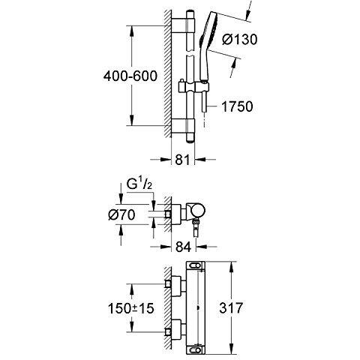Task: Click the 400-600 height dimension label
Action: [x=130, y=76]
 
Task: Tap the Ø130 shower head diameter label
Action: [x=239, y=40]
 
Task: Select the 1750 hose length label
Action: [x=237, y=106]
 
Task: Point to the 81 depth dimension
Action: [x=182, y=160]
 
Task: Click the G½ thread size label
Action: [x=139, y=184]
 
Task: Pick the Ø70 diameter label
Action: [x=121, y=214]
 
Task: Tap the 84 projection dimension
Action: [x=183, y=247]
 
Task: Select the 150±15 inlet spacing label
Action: [x=130, y=308]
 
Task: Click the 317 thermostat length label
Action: [x=231, y=307]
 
